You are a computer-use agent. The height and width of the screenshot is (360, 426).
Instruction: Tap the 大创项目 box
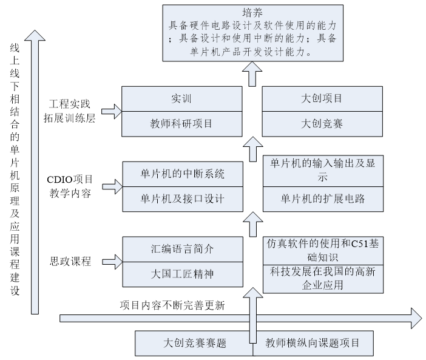coord(322,98)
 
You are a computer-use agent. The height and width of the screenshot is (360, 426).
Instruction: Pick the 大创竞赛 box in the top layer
coord(322,124)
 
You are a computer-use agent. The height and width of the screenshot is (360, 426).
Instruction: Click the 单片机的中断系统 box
coord(182,174)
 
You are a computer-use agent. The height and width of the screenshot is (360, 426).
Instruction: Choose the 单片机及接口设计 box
coord(182,199)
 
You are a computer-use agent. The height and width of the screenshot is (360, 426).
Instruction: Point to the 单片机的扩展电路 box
coord(322,199)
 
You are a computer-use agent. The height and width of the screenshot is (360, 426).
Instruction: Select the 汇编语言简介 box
coord(182,249)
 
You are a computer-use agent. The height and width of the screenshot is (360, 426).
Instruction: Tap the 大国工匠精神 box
coord(182,274)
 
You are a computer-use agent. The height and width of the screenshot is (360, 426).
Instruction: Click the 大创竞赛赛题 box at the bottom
coord(194,343)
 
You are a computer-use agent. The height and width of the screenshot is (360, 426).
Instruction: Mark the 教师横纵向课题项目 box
coord(313,343)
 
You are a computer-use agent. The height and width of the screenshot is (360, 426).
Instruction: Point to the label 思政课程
coord(70,262)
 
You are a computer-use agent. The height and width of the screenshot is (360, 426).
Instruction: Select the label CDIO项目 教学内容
coord(70,186)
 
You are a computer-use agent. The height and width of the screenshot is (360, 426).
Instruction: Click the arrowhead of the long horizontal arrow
coord(416,317)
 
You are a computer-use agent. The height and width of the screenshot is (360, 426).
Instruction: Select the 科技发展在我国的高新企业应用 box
coord(322,278)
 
